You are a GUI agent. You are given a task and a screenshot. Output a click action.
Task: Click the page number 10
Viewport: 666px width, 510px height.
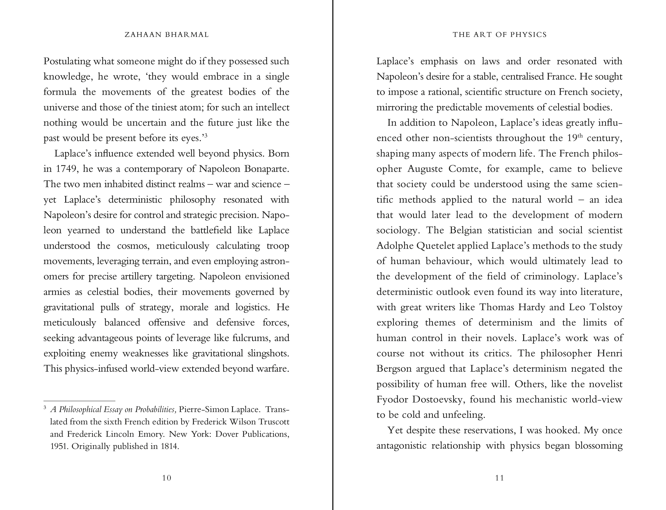pos(166,478)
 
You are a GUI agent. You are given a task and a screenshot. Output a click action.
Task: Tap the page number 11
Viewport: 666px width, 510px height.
pos(499,478)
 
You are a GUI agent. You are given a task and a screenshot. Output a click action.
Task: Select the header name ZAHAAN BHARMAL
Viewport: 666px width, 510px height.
pos(167,35)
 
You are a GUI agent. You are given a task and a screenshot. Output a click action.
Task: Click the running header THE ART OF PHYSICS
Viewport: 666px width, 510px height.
pos(500,35)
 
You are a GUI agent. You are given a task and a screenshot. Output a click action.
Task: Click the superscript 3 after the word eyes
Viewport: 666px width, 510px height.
pos(206,135)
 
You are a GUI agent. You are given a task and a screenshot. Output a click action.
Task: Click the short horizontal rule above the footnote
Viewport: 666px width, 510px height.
pos(79,401)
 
